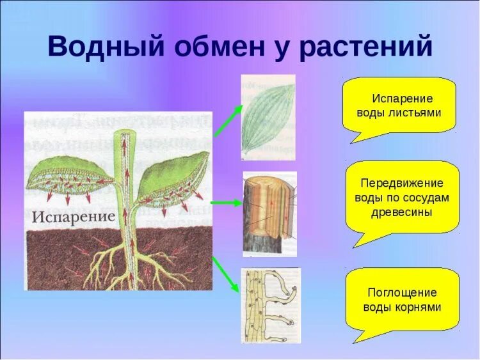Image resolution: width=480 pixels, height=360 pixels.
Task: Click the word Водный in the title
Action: tap(106, 46)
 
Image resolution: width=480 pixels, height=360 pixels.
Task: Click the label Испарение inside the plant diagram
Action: tap(74, 217)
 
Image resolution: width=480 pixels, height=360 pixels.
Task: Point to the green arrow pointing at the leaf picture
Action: tap(228, 121)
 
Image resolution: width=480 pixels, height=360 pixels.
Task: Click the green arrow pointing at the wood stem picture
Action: tap(227, 203)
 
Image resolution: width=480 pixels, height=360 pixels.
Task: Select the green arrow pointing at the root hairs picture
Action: tap(226, 274)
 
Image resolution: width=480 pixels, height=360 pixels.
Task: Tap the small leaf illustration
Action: tap(268, 118)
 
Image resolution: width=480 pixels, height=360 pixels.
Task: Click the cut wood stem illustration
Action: tap(269, 214)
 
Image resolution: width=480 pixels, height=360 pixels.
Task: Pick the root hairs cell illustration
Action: tap(271, 306)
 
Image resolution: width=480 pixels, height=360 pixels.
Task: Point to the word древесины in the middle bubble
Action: tap(402, 212)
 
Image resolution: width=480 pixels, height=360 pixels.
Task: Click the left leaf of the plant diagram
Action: tap(70, 180)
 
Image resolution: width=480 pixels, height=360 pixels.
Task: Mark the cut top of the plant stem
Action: tap(125, 134)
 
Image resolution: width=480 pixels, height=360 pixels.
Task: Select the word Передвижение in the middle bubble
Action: tap(402, 184)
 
